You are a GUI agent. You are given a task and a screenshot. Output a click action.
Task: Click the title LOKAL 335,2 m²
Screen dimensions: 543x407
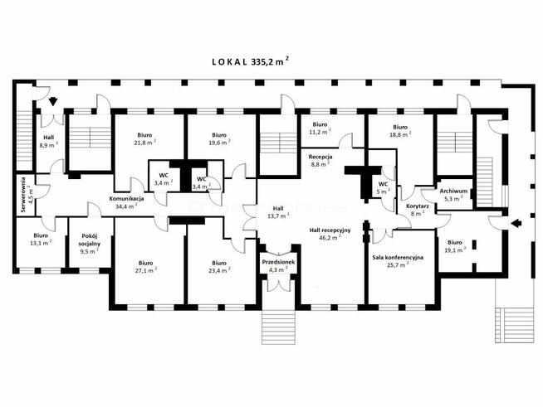pos(251,61)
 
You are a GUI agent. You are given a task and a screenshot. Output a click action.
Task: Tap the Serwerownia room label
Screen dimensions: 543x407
pos(27,195)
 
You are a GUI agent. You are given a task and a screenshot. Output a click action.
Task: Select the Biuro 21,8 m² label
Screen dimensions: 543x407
pos(144,138)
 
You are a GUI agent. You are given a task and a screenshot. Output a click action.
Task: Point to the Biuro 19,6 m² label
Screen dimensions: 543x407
pos(219,138)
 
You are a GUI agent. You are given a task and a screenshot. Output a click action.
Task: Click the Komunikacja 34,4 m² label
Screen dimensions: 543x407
pos(126,202)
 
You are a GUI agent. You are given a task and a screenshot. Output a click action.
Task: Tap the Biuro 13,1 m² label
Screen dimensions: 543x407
pos(41,239)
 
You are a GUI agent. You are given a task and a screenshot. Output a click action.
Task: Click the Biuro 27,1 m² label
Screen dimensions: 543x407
pos(145,267)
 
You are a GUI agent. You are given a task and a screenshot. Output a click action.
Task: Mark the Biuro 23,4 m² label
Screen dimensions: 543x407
pos(219,267)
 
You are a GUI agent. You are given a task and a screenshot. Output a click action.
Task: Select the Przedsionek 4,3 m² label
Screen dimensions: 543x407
pos(278,265)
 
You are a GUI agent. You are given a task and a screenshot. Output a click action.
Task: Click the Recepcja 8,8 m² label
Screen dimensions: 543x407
pos(320,161)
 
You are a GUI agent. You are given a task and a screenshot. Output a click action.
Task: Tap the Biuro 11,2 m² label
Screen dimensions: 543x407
pos(320,128)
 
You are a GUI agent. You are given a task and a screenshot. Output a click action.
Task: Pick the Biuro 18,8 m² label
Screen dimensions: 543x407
pos(400,131)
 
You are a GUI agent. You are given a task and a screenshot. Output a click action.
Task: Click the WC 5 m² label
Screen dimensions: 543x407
pos(383,187)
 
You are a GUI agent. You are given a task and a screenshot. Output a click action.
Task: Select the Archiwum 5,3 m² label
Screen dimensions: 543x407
pos(453,195)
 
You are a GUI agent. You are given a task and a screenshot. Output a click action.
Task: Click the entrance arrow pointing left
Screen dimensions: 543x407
pos(516,223)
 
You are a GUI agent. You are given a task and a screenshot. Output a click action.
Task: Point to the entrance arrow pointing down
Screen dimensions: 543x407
pos(53,101)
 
